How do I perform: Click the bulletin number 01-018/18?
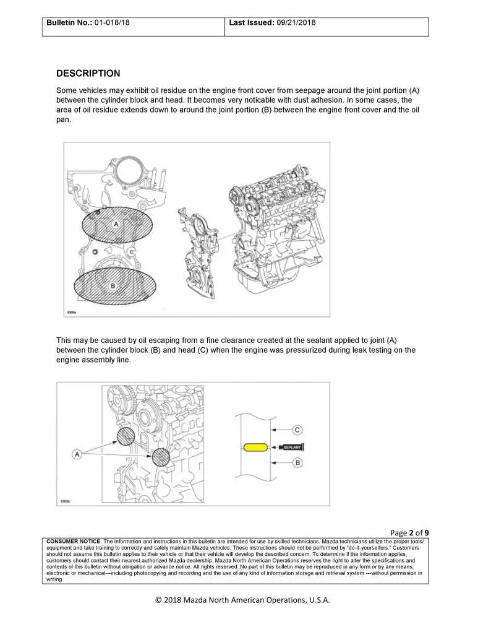113,23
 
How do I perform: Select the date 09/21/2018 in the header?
294,23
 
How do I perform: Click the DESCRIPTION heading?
88,73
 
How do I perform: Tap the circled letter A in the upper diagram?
115,225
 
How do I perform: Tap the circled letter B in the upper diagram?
113,285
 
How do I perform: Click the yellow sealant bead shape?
254,446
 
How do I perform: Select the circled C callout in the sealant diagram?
297,429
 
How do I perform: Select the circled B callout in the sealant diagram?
297,462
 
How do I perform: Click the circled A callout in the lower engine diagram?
77,455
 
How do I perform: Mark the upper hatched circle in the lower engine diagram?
126,436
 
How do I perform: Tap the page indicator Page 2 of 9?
410,532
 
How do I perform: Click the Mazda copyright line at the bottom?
239,600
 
